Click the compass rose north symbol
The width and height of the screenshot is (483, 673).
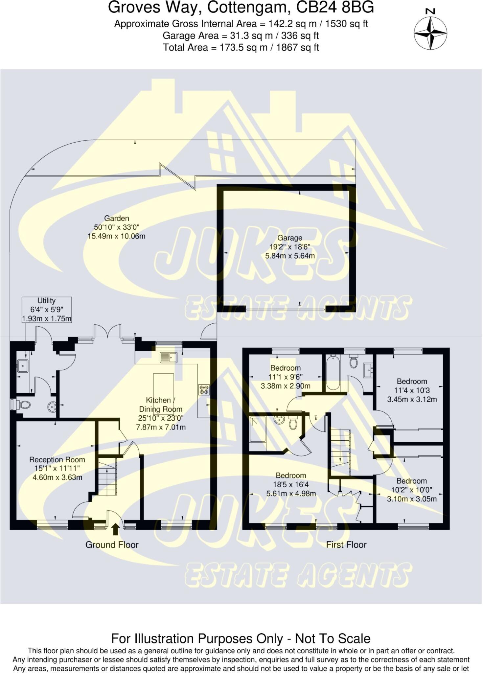pyautogui.click(x=430, y=33)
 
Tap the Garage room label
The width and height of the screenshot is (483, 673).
pyautogui.click(x=289, y=238)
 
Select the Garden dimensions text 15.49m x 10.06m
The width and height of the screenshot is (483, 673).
pyautogui.click(x=116, y=236)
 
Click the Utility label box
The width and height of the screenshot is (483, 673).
pyautogui.click(x=47, y=310)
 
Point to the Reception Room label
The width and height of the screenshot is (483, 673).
pyautogui.click(x=57, y=460)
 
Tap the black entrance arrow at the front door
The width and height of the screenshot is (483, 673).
pyautogui.click(x=115, y=530)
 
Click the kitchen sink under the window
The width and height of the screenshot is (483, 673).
pyautogui.click(x=169, y=357)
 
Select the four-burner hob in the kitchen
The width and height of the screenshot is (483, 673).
pyautogui.click(x=204, y=389)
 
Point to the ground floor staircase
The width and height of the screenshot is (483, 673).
pyautogui.click(x=107, y=478)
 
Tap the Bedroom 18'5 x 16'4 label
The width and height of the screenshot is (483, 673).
pyautogui.click(x=291, y=476)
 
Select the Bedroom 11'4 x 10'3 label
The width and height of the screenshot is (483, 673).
pyautogui.click(x=412, y=382)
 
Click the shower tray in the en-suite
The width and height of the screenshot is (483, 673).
pyautogui.click(x=258, y=429)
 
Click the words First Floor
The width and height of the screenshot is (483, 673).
pyautogui.click(x=346, y=545)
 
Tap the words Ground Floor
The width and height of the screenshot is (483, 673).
pyautogui.click(x=112, y=545)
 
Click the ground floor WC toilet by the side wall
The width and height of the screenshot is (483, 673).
pyautogui.click(x=24, y=405)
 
